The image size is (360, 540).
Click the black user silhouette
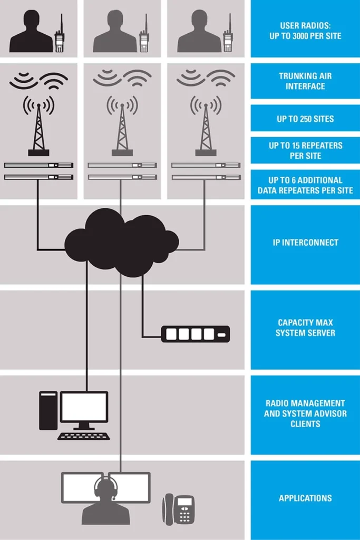click(x=31, y=33)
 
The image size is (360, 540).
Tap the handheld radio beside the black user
click(x=59, y=37)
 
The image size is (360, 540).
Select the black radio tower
click(x=38, y=129)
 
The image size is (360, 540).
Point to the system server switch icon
click(x=195, y=334)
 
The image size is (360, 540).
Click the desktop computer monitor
click(x=84, y=409)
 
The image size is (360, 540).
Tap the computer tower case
click(x=48, y=410)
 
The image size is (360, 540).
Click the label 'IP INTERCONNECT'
click(x=305, y=243)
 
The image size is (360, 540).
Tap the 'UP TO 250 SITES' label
click(x=305, y=119)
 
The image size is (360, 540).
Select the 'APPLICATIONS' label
click(x=305, y=498)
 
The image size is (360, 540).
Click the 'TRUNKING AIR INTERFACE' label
click(x=305, y=81)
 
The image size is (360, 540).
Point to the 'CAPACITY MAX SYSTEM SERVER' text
click(x=305, y=327)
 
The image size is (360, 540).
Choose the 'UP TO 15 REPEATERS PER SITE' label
click(x=305, y=150)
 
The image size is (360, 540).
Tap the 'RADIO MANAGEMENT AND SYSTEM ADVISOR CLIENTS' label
click(x=305, y=413)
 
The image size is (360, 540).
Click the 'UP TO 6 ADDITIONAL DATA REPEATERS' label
click(x=305, y=185)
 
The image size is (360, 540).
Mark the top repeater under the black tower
click(x=38, y=165)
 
